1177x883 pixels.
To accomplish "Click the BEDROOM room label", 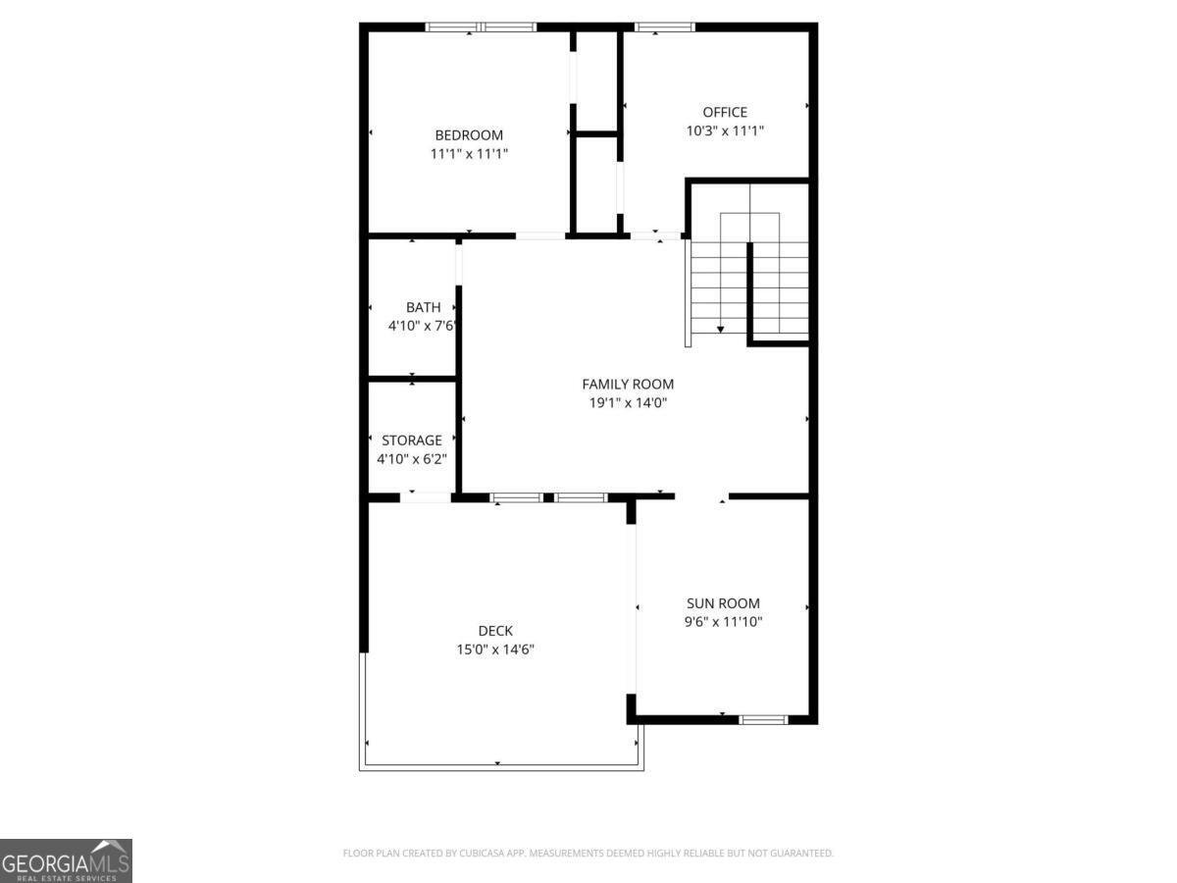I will pyautogui.click(x=469, y=135).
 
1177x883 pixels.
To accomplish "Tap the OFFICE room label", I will pyautogui.click(x=725, y=113).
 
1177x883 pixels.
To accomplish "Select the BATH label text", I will pyautogui.click(x=424, y=308).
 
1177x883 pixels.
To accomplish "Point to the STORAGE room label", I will pyautogui.click(x=412, y=441).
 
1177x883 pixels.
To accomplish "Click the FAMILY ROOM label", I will pyautogui.click(x=628, y=385).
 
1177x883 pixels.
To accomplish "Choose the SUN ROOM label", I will pyautogui.click(x=723, y=604).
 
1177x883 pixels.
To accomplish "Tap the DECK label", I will pyautogui.click(x=495, y=631).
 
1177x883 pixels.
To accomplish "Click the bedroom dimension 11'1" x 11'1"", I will pyautogui.click(x=469, y=154).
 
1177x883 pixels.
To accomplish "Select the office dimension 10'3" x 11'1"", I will pyautogui.click(x=725, y=131).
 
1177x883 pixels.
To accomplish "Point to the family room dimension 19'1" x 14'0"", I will pyautogui.click(x=628, y=402).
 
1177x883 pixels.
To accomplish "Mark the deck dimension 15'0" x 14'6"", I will pyautogui.click(x=495, y=649).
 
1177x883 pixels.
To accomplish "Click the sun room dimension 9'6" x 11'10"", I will pyautogui.click(x=723, y=622).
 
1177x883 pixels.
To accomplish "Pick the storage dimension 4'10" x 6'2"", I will pyautogui.click(x=412, y=458).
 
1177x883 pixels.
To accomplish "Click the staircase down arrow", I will pyautogui.click(x=721, y=329).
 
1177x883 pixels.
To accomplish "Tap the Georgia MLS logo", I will pyautogui.click(x=66, y=860).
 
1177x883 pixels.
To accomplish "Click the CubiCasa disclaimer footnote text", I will pyautogui.click(x=588, y=854).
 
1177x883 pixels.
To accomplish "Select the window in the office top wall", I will pyautogui.click(x=664, y=27).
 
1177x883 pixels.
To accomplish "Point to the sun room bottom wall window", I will pyautogui.click(x=763, y=720).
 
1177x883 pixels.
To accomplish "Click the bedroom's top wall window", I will pyautogui.click(x=481, y=27).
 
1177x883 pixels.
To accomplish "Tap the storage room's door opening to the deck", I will pyautogui.click(x=425, y=498).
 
